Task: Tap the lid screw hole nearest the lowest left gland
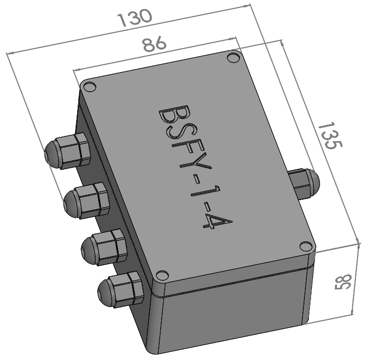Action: coord(160,276)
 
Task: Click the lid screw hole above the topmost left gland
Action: coord(90,87)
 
